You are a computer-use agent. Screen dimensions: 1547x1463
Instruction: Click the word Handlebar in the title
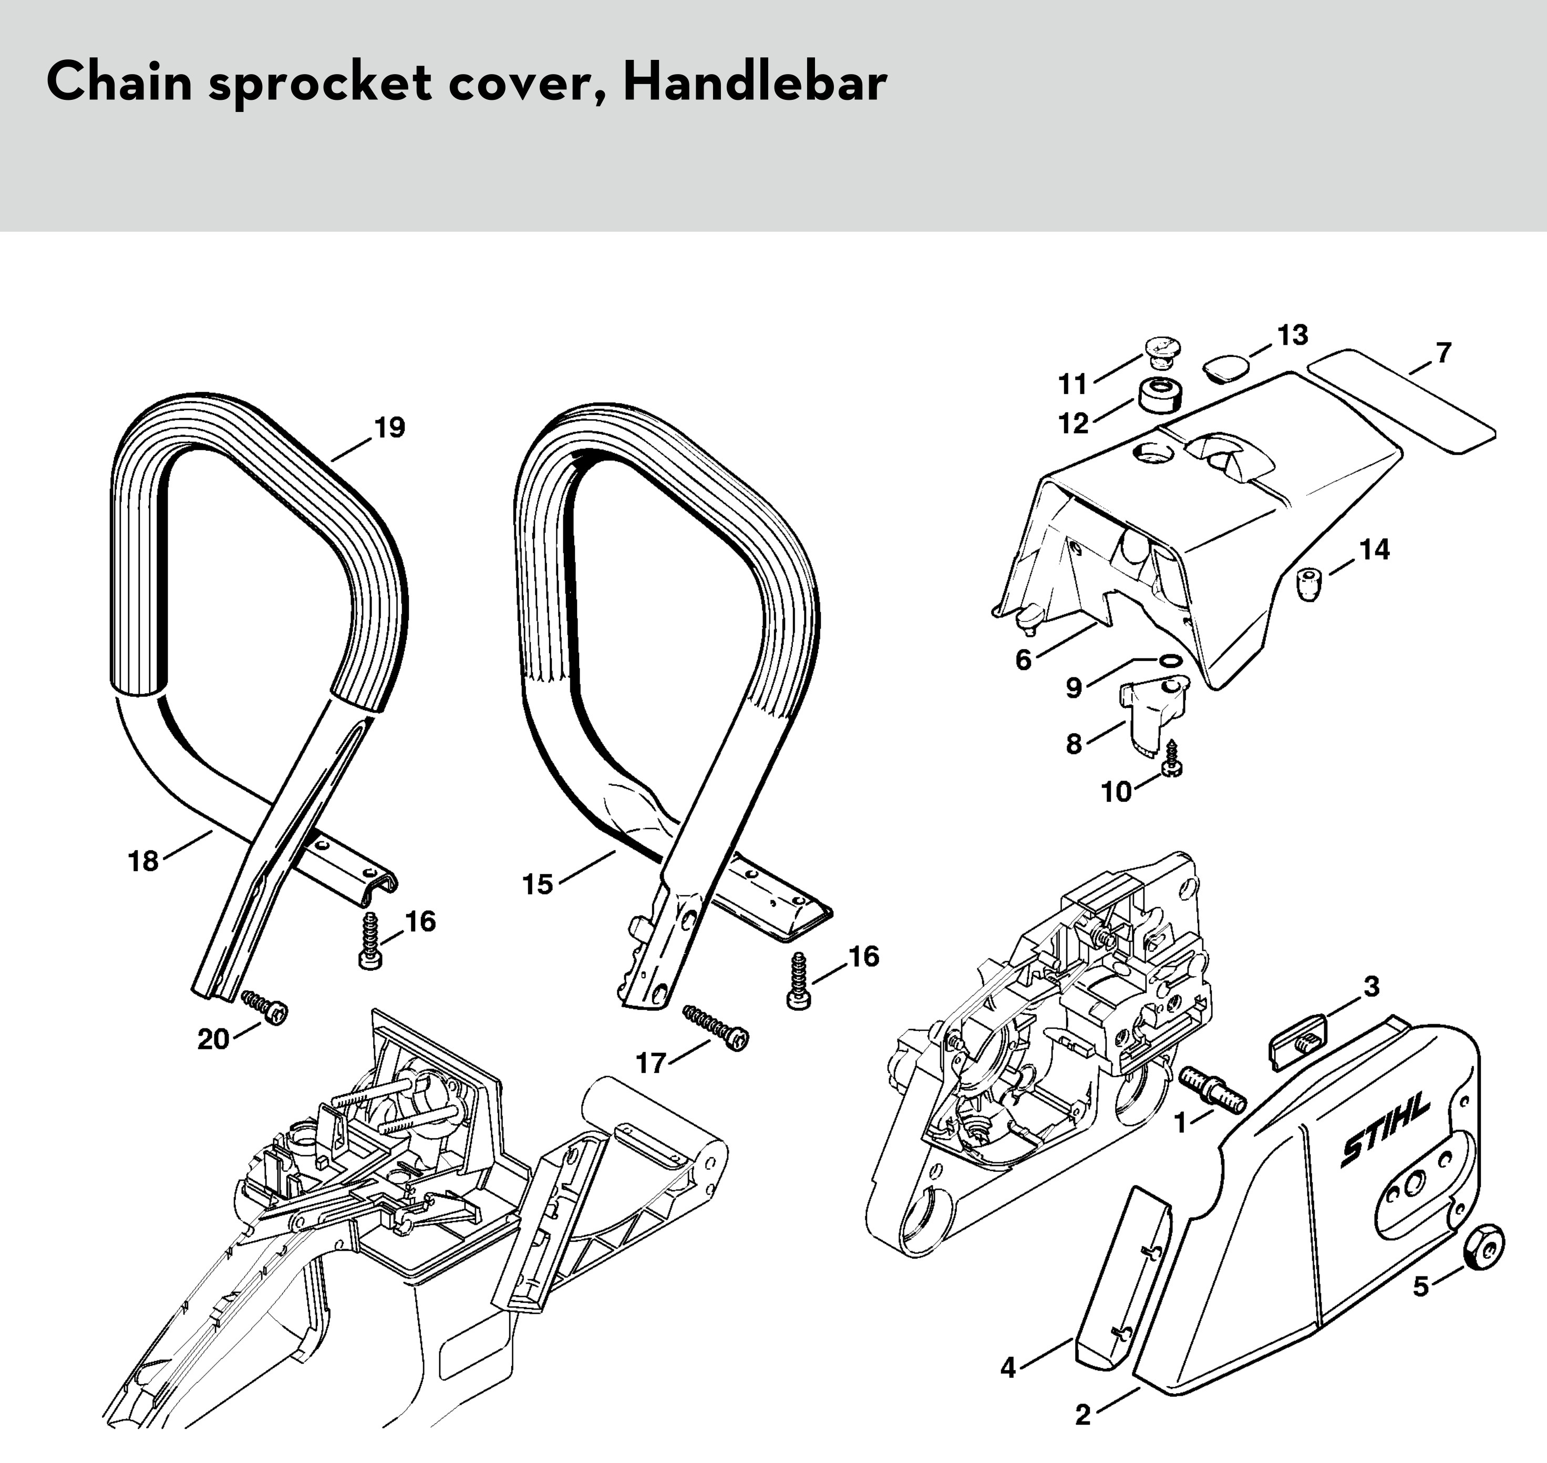coord(755,82)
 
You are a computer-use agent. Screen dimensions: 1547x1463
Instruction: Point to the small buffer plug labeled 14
coord(1310,585)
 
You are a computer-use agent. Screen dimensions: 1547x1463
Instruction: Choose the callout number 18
coord(143,862)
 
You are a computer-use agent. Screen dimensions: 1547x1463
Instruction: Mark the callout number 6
coord(1023,660)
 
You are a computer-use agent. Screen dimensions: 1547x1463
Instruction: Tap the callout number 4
coord(1008,1368)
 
